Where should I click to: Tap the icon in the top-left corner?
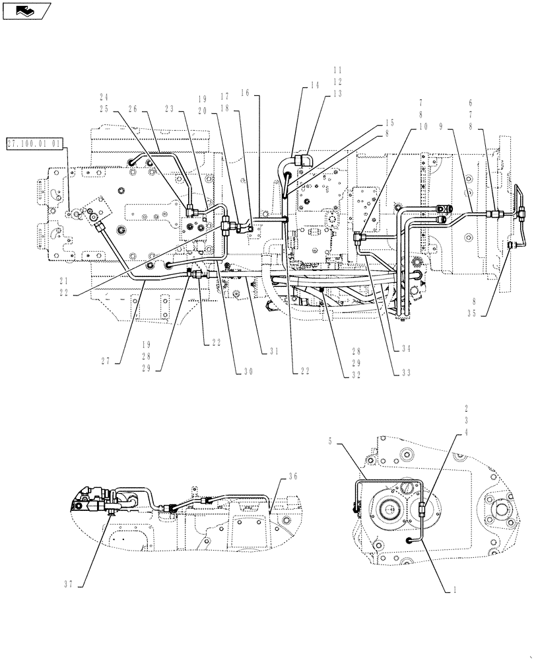tap(26, 10)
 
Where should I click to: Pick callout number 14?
tap(314, 86)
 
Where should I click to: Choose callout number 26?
tap(153, 110)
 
